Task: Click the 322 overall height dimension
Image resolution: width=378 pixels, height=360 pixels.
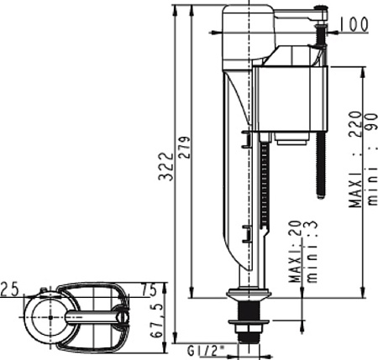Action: (165, 166)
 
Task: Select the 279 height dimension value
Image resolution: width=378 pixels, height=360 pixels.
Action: (184, 148)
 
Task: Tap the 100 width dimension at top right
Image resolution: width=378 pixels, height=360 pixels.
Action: (354, 24)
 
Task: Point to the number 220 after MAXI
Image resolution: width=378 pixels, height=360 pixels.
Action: (355, 124)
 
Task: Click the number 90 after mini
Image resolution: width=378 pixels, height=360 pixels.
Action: (371, 122)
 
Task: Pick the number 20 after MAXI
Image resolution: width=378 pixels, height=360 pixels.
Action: (296, 229)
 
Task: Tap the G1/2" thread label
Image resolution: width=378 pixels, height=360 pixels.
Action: (206, 351)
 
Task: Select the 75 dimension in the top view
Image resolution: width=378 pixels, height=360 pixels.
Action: (148, 290)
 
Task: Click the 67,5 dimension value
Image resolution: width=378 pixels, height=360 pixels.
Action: (157, 321)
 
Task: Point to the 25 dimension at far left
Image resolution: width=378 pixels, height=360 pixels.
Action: (9, 289)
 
